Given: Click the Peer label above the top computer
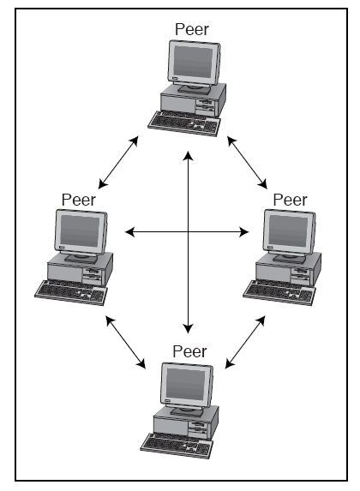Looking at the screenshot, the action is [x=192, y=29].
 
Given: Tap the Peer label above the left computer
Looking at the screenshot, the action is [x=78, y=200].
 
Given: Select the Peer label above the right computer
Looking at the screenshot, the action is [x=290, y=200].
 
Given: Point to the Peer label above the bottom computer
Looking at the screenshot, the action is [x=189, y=351].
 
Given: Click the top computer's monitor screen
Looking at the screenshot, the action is [x=193, y=62].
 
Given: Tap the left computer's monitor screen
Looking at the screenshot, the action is [x=80, y=231].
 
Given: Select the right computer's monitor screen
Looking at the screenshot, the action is [x=288, y=231].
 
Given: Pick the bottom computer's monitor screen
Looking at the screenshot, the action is [x=186, y=384].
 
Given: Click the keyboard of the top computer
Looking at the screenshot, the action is [x=184, y=124].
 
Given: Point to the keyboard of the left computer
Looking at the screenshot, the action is [x=71, y=293].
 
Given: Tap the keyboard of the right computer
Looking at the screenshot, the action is [x=279, y=293].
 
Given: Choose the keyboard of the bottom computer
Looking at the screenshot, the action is [x=177, y=446].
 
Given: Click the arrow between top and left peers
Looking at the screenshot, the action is [x=118, y=162].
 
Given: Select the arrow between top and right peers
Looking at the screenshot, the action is [x=247, y=162].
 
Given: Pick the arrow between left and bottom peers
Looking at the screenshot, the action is [x=126, y=342].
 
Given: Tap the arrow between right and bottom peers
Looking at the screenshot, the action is [x=245, y=342].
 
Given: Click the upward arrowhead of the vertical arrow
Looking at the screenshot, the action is [x=188, y=156].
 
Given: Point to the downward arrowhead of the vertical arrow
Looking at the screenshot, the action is [x=188, y=328].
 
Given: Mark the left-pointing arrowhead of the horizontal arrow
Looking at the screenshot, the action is [x=129, y=232].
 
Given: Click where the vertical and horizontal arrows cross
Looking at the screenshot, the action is [x=188, y=232].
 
